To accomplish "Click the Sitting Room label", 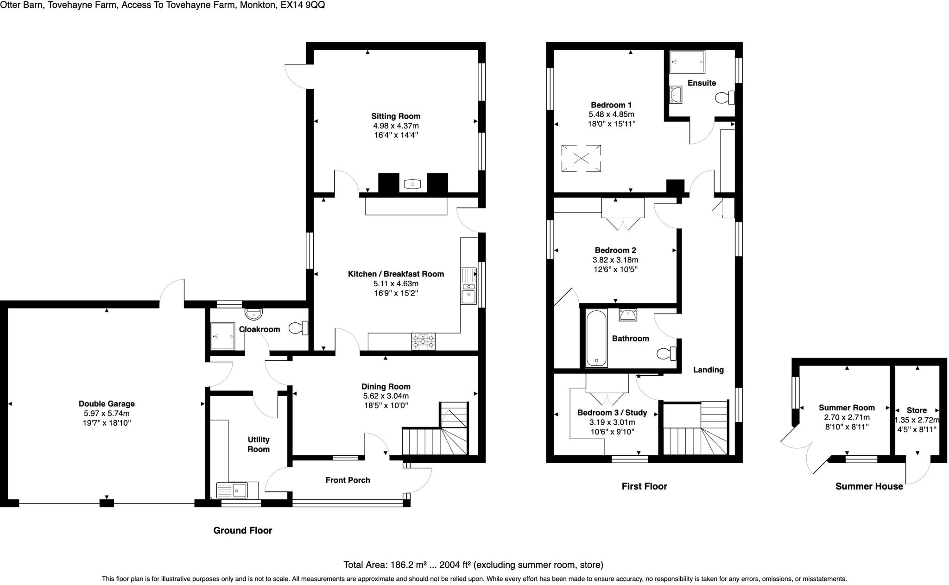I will click(396, 116).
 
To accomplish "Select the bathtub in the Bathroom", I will click(596, 338).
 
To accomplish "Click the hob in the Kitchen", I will click(423, 341).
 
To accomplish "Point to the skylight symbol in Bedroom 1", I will click(581, 159).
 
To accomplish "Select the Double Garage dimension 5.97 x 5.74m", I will click(107, 414).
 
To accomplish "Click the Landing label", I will click(708, 370).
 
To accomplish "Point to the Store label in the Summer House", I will click(917, 410).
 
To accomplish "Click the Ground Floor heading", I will click(242, 531).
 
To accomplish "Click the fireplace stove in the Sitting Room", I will click(412, 184).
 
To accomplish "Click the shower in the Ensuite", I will click(687, 62).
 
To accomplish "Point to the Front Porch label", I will click(348, 480).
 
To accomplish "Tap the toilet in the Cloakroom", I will click(298, 328).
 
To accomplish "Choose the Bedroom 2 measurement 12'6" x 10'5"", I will click(616, 270).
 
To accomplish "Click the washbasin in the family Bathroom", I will click(628, 315).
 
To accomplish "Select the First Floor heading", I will click(644, 486).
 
